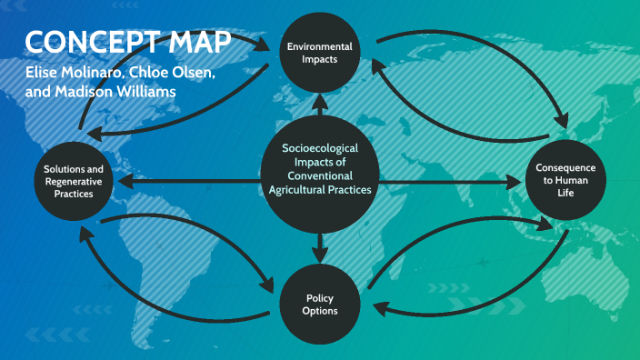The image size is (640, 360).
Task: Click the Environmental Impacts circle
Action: pyautogui.click(x=319, y=52)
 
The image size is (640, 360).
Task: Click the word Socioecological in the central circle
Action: pyautogui.click(x=320, y=147)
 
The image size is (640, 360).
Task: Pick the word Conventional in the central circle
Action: pyautogui.click(x=320, y=175)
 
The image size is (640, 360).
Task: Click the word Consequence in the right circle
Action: pyautogui.click(x=565, y=167)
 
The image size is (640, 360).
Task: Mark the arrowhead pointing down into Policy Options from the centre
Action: pyautogui.click(x=320, y=250)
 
